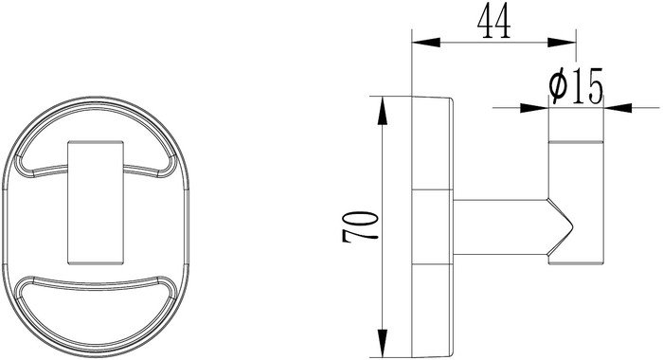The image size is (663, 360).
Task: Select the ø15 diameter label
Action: pos(576,86)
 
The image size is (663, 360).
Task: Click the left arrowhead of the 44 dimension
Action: pos(426,43)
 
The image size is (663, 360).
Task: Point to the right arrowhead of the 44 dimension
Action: pos(562,43)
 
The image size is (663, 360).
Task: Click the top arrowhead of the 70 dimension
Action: pos(383,111)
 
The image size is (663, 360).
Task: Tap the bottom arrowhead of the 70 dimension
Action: pos(383,343)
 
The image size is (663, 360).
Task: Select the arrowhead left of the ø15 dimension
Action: pos(534,108)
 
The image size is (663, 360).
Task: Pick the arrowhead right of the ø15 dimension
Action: pos(618,108)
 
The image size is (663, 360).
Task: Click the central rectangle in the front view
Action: pos(96,203)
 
